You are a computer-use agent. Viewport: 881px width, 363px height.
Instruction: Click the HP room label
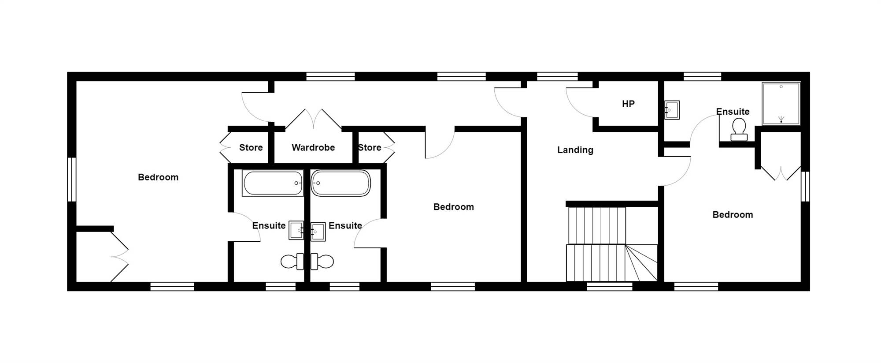(628, 104)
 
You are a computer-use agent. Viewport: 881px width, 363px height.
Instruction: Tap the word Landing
(575, 150)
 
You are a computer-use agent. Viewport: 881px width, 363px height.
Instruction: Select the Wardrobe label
(313, 147)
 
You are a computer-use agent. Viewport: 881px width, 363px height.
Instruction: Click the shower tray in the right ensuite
(781, 104)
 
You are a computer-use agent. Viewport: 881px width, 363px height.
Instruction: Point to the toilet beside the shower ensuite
(739, 130)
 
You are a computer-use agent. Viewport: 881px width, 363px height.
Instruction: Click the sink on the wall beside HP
(672, 110)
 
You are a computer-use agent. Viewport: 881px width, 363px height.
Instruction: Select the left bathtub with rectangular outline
(273, 183)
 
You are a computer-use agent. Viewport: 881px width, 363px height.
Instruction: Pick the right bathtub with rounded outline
(341, 183)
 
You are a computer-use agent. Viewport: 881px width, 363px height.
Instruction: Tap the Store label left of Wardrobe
(251, 147)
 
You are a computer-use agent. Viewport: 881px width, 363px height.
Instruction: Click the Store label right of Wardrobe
(370, 147)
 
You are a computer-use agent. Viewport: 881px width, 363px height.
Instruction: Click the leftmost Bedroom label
(158, 177)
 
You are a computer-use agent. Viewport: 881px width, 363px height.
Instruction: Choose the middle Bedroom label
(454, 207)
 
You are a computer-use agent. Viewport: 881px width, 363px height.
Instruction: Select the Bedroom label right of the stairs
(733, 215)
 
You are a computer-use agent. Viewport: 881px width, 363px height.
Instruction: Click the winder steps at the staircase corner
(641, 263)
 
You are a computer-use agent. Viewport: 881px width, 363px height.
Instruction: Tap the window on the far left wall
(72, 180)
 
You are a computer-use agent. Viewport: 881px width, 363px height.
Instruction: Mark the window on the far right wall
(805, 187)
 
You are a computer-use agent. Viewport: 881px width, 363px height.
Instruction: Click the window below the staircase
(610, 287)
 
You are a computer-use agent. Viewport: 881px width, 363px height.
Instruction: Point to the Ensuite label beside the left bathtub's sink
(269, 226)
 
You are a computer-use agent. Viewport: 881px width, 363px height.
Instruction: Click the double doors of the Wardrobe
(313, 119)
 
